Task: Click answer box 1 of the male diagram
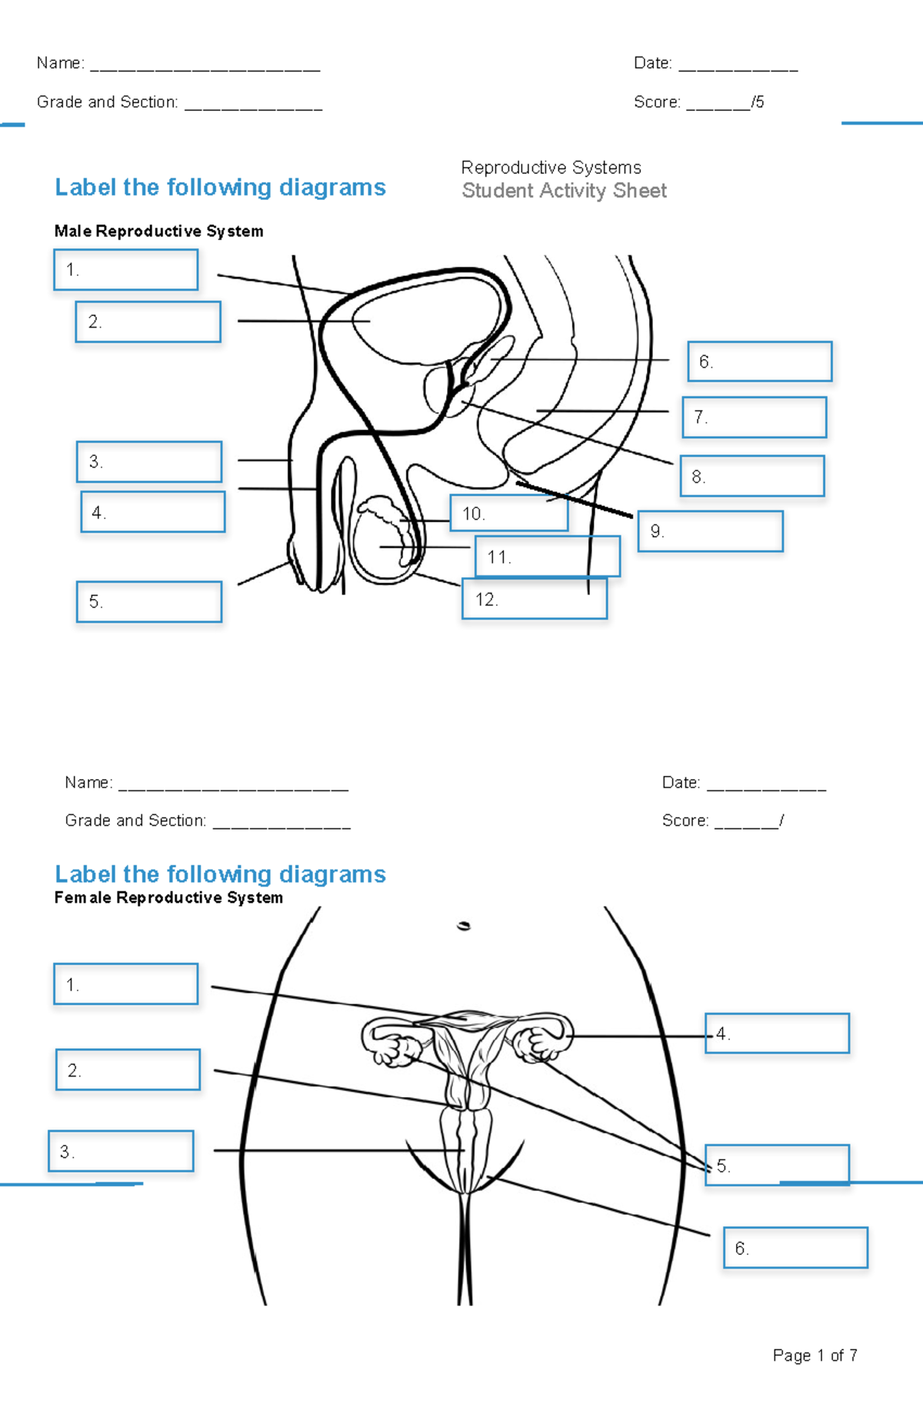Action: [x=125, y=270]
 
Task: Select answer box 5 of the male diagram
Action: [x=149, y=601]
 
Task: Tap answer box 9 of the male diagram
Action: [x=710, y=531]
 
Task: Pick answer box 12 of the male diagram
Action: [x=534, y=600]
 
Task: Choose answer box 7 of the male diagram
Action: [x=754, y=418]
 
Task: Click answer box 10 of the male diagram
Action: [x=509, y=514]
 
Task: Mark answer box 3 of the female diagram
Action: [x=121, y=1151]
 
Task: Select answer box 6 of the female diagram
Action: [x=795, y=1247]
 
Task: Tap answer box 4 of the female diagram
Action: [x=777, y=1033]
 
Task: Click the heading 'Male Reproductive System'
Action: [x=158, y=231]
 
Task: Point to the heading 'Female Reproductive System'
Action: [x=168, y=898]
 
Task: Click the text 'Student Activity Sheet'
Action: [x=564, y=191]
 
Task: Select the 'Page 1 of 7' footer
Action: [x=815, y=1355]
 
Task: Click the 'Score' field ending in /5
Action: [x=698, y=102]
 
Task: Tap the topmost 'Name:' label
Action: [x=60, y=63]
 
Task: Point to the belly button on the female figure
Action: [x=463, y=926]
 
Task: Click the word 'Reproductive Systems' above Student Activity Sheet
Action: [x=551, y=168]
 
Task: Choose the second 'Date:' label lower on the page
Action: [x=681, y=783]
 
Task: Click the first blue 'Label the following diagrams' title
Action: [x=220, y=188]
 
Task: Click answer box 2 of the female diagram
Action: [x=128, y=1070]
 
